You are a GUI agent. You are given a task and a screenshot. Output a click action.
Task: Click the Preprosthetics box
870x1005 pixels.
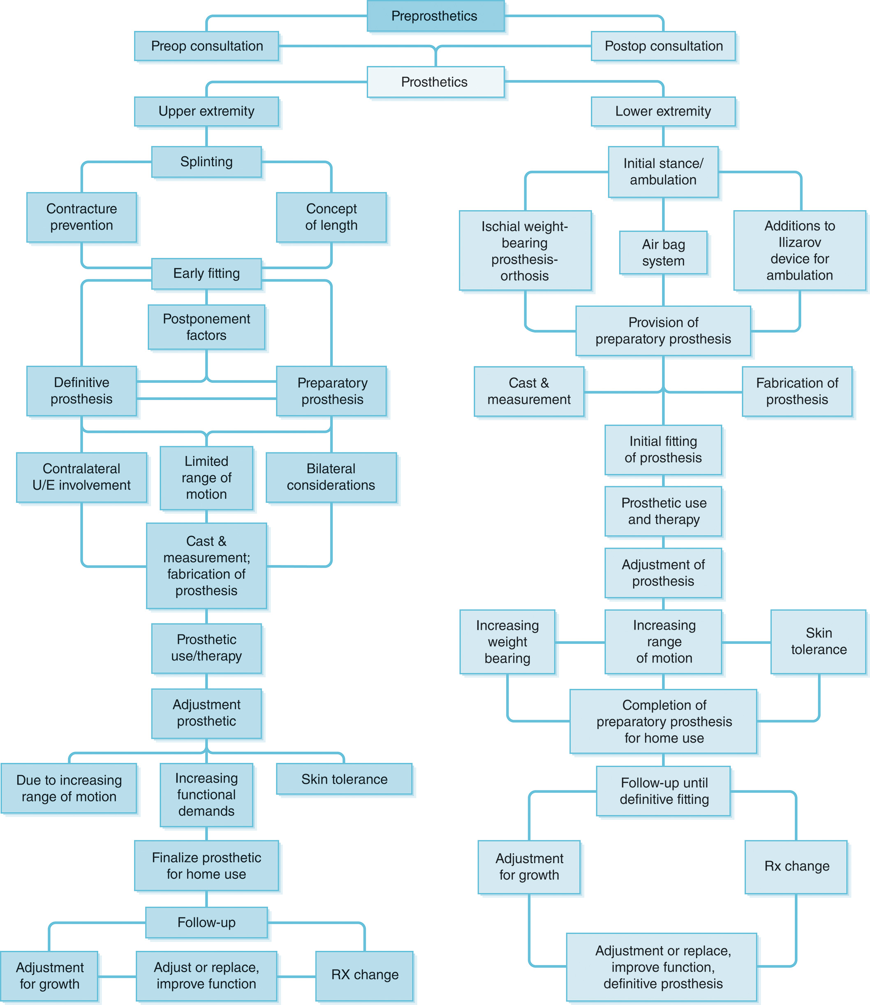tap(435, 16)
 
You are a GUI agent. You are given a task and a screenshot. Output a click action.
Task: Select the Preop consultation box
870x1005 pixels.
tap(206, 46)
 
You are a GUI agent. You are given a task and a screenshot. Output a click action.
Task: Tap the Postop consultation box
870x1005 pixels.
tap(663, 46)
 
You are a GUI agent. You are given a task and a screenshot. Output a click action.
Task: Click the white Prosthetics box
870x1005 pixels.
tap(435, 82)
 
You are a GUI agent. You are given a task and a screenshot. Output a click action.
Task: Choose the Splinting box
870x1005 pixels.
tap(206, 162)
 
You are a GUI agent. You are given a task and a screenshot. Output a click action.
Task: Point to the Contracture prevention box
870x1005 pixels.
tap(81, 217)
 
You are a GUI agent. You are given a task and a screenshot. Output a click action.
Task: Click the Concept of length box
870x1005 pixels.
tap(331, 217)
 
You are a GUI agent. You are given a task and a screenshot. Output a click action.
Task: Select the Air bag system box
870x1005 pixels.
tap(663, 252)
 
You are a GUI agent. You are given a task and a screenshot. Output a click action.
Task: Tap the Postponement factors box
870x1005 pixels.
tap(206, 327)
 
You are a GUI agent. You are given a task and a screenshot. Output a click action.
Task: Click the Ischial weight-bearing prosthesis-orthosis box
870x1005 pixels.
tap(525, 250)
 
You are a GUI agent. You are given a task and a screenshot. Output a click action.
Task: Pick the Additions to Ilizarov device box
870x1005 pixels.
tap(799, 250)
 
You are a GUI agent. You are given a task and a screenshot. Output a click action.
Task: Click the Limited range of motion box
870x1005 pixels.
tap(206, 478)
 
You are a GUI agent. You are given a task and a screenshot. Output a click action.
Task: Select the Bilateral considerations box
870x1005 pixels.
tap(331, 477)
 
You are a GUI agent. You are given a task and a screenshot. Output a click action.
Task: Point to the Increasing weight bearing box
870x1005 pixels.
tap(507, 642)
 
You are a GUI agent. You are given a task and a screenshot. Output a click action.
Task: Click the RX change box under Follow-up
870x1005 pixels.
tap(365, 975)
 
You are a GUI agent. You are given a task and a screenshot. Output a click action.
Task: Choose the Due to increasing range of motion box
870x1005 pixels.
tap(69, 788)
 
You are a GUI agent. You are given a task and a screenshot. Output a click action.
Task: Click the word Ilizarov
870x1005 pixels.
tap(799, 242)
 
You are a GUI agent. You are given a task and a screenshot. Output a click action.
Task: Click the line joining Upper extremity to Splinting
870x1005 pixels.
tap(206, 137)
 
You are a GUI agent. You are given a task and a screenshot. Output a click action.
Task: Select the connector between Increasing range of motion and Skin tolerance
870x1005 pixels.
tap(746, 642)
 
